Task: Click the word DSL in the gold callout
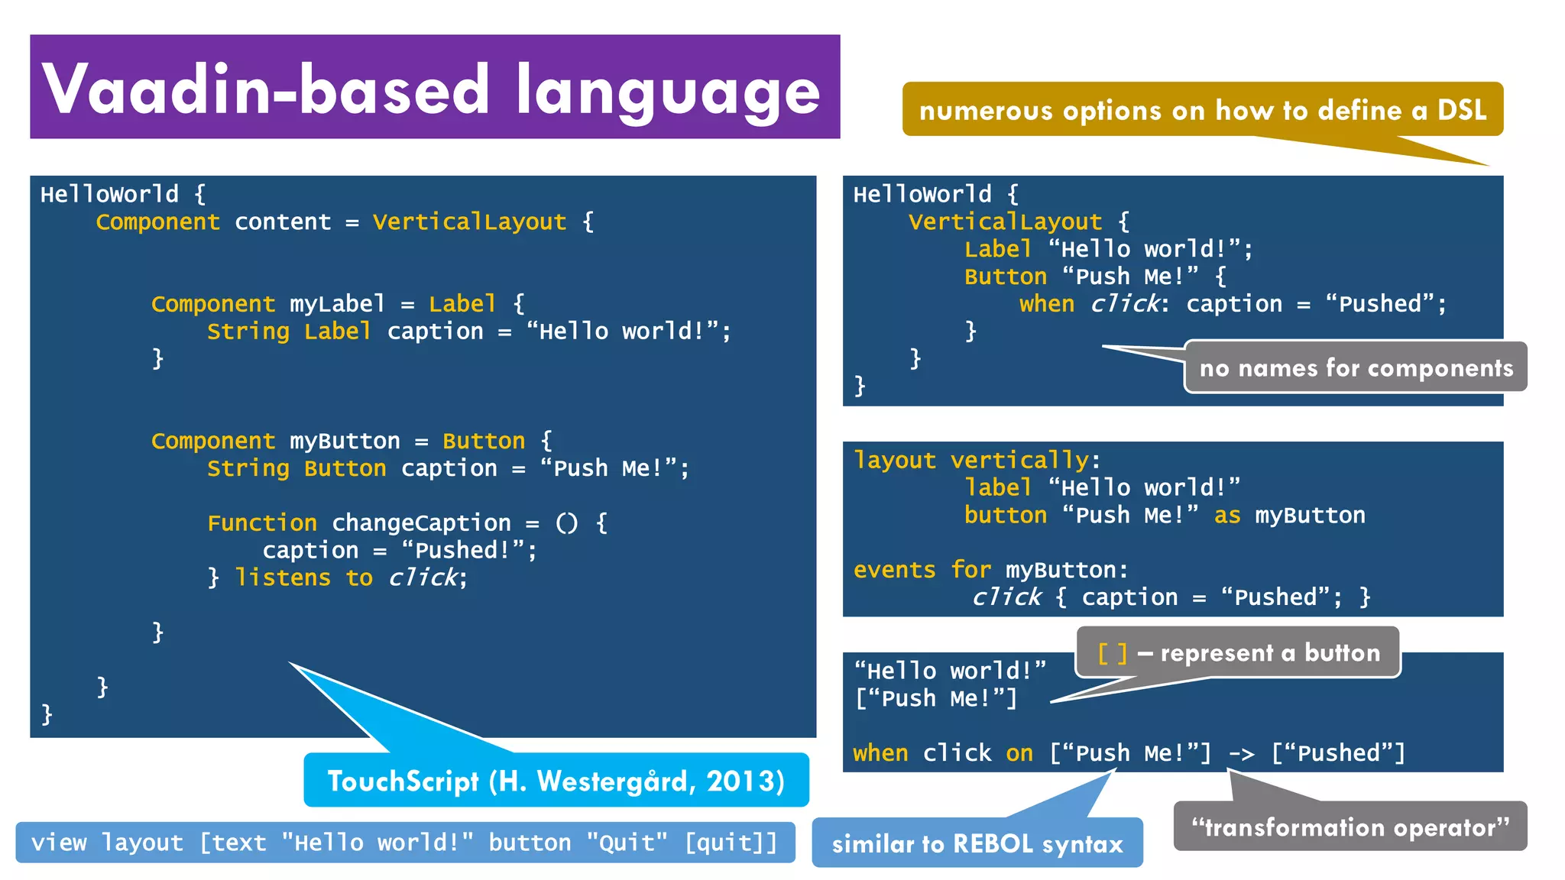pos(1462,110)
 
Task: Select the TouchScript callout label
pos(556,781)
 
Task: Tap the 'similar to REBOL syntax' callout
pos(977,843)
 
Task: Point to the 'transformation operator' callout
pos(1350,827)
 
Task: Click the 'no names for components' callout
pos(1356,368)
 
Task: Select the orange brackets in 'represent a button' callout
pos(1112,653)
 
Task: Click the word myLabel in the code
pos(337,304)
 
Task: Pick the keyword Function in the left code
pos(262,523)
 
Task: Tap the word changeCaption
pos(421,523)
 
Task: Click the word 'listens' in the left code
pos(283,577)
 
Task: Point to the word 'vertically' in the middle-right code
pos(1019,460)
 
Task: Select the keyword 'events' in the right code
pos(894,570)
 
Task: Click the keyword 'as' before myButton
pos(1227,516)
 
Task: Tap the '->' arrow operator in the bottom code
pos(1241,754)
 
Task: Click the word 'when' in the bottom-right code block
pos(880,753)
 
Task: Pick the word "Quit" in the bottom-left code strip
pos(627,843)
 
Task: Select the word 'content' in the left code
pos(283,222)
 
